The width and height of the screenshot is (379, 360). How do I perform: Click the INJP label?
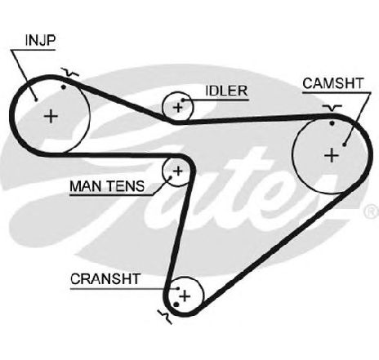coord(40,40)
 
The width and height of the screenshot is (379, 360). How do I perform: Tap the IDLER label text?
coord(226,91)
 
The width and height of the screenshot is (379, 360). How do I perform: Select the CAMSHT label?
coord(333,83)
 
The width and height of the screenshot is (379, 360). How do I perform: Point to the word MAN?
coord(86,186)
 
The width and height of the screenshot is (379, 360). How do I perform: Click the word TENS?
coord(125,186)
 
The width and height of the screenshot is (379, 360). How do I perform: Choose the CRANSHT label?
coord(105,279)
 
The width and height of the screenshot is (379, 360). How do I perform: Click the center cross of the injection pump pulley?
coord(51,117)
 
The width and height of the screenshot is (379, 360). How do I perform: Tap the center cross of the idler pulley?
coord(178,108)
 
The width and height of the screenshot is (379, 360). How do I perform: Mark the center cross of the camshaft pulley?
coord(332,156)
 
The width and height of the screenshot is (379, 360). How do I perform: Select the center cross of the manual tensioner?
coord(178,171)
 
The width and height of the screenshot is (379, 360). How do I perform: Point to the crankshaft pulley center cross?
coord(185,296)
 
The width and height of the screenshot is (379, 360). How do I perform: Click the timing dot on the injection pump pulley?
coord(64,87)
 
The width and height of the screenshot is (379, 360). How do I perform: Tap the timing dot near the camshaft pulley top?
coord(332,123)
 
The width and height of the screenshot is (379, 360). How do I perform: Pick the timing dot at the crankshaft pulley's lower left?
coord(176,304)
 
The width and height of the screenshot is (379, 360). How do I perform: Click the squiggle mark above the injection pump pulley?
coord(69,73)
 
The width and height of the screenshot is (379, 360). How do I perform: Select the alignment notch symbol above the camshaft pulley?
coord(332,108)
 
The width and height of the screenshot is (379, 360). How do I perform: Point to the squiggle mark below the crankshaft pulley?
coord(165,317)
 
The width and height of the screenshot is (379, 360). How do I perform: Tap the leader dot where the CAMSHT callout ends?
coord(345,144)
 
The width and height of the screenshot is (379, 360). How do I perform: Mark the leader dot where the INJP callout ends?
coord(36,99)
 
